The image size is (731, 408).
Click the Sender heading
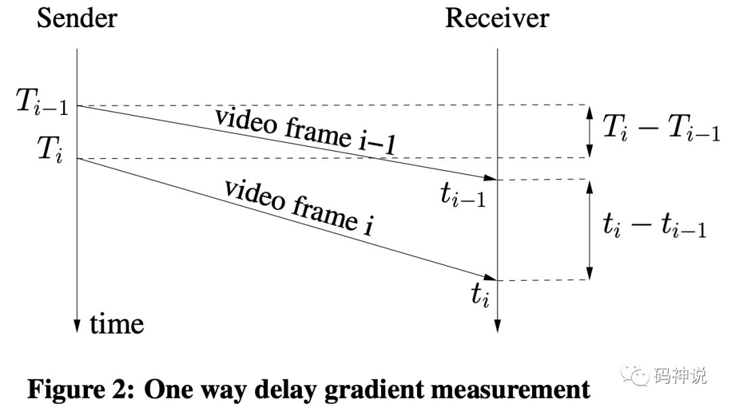pos(76,18)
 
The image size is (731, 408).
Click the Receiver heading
pos(497,18)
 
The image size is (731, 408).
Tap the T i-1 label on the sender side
pos(43,106)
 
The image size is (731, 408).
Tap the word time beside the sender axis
pos(117,324)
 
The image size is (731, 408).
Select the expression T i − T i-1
pos(661,127)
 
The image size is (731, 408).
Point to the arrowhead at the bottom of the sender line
pos(78,324)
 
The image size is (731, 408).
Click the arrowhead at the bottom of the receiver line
pos(497,324)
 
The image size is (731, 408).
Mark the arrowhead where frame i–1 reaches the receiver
pos(491,178)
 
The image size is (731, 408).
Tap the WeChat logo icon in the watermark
pos(638,374)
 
